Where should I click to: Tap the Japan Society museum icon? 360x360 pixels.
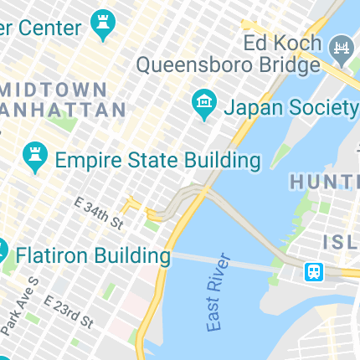point(202,104)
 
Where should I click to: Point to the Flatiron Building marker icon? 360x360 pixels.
point(3,249)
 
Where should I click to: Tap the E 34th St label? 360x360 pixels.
point(98,214)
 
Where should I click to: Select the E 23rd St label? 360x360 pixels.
point(69,310)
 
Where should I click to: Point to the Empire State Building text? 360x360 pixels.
point(157,160)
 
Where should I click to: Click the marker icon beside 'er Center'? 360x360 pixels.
point(104,25)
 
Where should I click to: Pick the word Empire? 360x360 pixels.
point(90,160)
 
